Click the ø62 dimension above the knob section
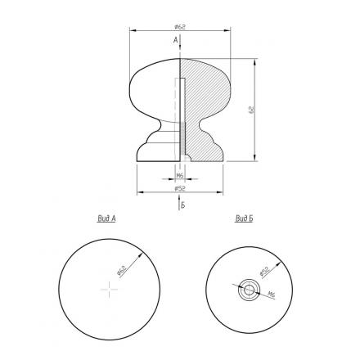(x=180, y=27)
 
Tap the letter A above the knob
(x=176, y=40)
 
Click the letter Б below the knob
(x=183, y=205)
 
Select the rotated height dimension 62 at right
(x=251, y=110)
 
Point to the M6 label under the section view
(x=179, y=176)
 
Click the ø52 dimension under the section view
(x=180, y=188)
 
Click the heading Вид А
(x=106, y=218)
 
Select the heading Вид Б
(x=244, y=218)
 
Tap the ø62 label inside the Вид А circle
(x=122, y=271)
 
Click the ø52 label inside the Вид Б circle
(x=264, y=272)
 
